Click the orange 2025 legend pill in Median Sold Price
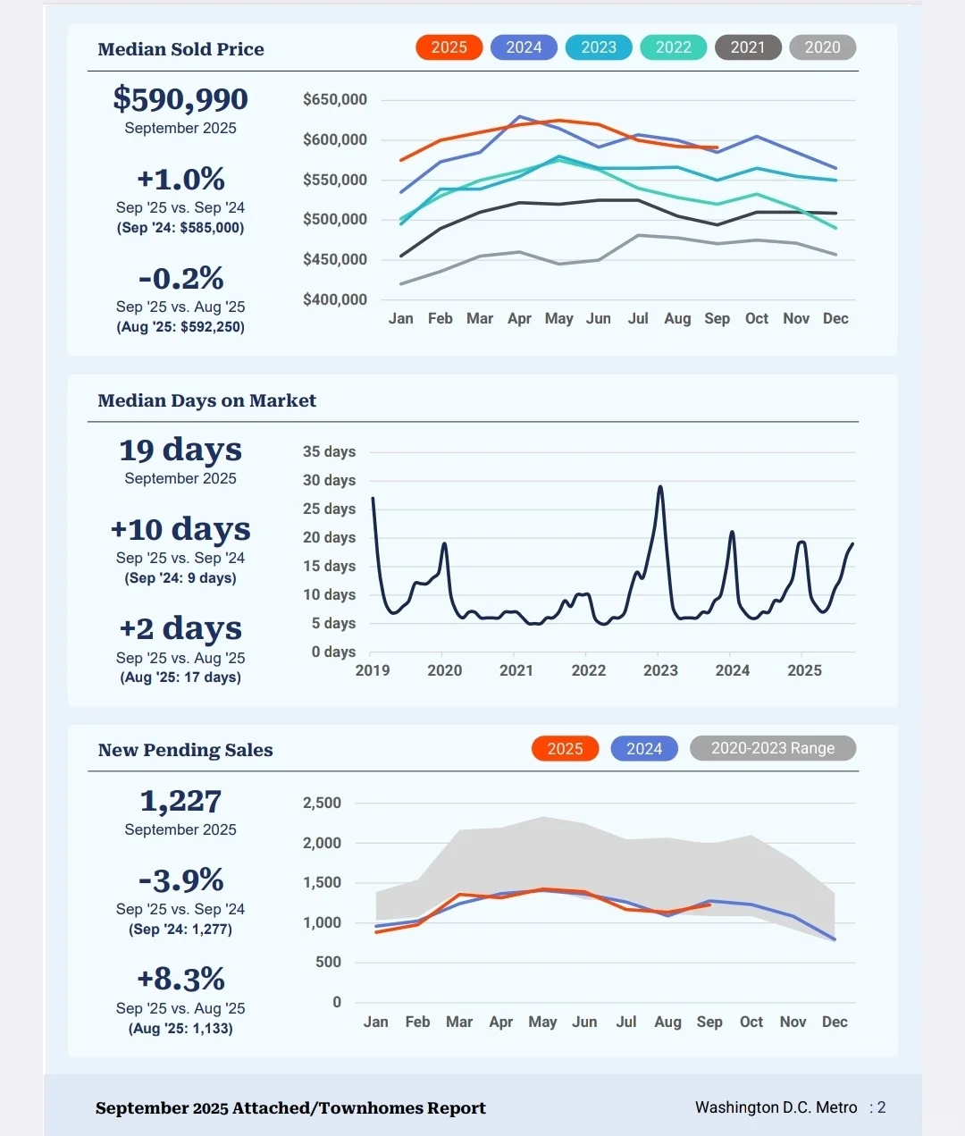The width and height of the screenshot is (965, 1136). [x=449, y=47]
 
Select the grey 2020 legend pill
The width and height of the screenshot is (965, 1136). [x=822, y=47]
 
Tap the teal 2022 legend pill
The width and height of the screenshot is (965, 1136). [x=673, y=47]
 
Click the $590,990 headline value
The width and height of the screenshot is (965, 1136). [x=180, y=99]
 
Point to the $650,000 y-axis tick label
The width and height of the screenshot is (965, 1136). [x=335, y=99]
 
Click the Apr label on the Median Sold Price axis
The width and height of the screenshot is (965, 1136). [x=519, y=318]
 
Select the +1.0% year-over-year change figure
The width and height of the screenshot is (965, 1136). [x=180, y=179]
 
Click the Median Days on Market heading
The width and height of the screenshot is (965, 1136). [x=206, y=400]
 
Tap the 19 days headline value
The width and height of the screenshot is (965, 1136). [x=180, y=450]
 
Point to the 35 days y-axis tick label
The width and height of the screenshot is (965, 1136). [x=329, y=451]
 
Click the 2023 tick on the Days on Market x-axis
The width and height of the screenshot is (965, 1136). [x=660, y=670]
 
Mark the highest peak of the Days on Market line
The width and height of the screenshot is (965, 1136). [x=660, y=487]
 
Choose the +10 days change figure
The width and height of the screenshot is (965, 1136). [x=180, y=529]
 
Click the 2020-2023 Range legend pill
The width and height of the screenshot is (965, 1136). [x=773, y=748]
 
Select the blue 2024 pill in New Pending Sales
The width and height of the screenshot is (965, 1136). [x=643, y=748]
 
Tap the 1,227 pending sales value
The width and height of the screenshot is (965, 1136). [x=180, y=801]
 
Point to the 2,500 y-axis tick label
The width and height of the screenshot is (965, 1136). [x=322, y=803]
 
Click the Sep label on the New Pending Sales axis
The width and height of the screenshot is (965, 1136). [x=709, y=1022]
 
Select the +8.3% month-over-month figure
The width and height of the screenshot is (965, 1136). [x=180, y=979]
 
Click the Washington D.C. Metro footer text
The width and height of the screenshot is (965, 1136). [x=776, y=1107]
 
